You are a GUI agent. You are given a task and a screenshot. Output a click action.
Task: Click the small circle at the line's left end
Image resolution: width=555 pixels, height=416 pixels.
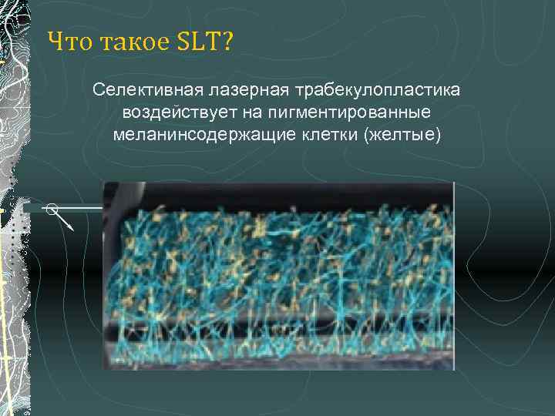click(51, 208)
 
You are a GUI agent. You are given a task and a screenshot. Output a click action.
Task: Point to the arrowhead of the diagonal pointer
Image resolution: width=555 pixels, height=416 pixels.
click(71, 228)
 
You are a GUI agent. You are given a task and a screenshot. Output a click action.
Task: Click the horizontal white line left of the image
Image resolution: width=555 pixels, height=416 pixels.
click(81, 208)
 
